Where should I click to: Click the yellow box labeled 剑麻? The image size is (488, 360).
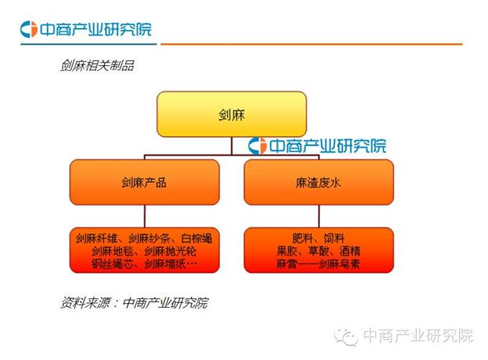(x=232, y=114)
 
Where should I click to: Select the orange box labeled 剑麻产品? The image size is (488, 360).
(x=144, y=182)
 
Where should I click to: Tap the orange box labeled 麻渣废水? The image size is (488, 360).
(x=319, y=182)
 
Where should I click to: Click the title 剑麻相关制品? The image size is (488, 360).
(x=98, y=65)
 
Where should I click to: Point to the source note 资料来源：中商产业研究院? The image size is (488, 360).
(x=134, y=303)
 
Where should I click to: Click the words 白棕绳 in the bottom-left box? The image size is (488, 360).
(x=197, y=239)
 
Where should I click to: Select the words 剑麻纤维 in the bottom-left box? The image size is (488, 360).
(x=97, y=239)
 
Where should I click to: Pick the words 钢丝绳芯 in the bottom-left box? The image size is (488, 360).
(x=113, y=264)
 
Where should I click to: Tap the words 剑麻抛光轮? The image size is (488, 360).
(x=170, y=252)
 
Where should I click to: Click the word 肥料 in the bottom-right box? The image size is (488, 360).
(x=303, y=239)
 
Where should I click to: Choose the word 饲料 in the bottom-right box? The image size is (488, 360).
(x=334, y=239)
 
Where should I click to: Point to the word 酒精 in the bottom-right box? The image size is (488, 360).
(x=349, y=252)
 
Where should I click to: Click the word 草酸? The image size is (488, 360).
(x=319, y=252)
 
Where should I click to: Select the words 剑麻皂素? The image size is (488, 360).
(x=339, y=264)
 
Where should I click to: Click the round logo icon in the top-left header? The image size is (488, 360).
(x=29, y=29)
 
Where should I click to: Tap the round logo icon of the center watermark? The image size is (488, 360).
(x=258, y=146)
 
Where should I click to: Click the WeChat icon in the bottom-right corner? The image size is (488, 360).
(x=345, y=336)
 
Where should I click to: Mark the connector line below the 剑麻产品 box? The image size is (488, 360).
(x=144, y=217)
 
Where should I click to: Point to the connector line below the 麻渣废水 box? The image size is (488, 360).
(x=319, y=217)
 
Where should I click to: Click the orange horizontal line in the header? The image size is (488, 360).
(x=311, y=44)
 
